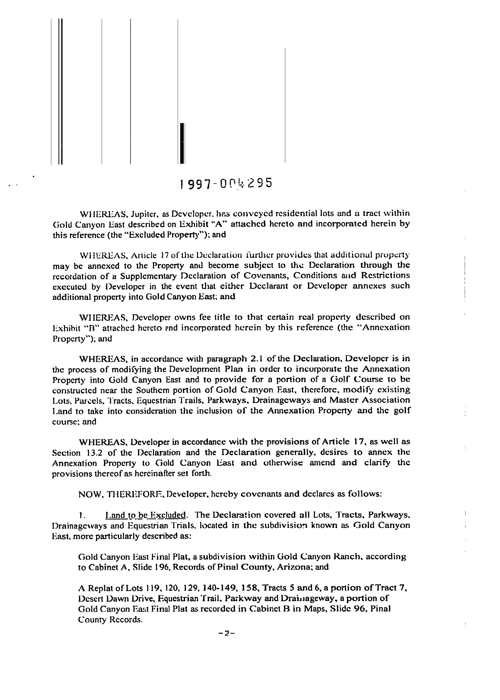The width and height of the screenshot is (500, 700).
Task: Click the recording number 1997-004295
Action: point(226,183)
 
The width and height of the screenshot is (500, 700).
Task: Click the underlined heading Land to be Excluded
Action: point(146,515)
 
